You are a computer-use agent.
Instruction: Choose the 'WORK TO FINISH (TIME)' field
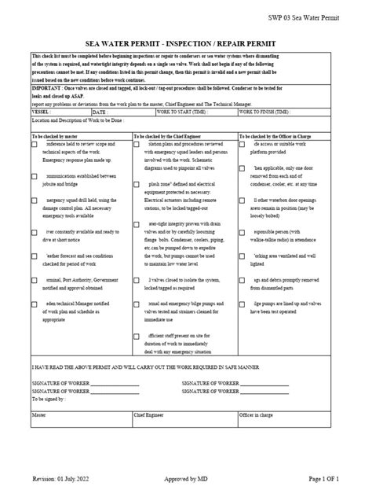(x=287, y=112)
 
